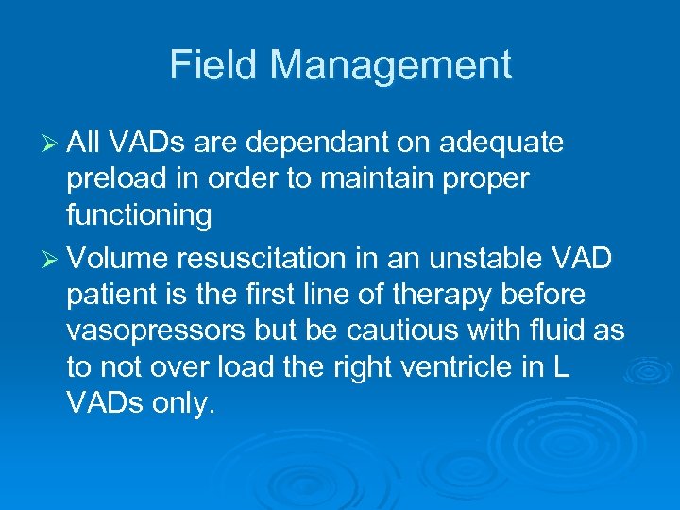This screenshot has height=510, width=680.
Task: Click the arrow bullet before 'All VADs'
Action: pos(52,143)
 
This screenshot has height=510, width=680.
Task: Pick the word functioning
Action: pos(139,215)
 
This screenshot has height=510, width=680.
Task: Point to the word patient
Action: pos(104,296)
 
